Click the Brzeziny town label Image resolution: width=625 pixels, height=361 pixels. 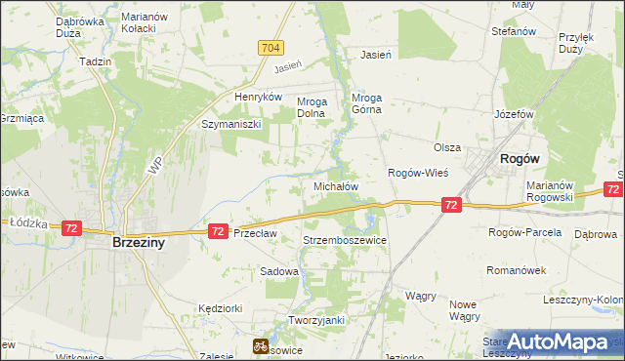138,244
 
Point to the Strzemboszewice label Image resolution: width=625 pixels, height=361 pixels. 346,240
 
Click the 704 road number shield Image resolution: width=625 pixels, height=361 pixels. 271,47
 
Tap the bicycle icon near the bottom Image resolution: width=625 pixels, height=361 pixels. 261,344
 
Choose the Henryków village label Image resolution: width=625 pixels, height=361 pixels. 258,98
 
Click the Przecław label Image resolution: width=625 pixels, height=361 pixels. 256,233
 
